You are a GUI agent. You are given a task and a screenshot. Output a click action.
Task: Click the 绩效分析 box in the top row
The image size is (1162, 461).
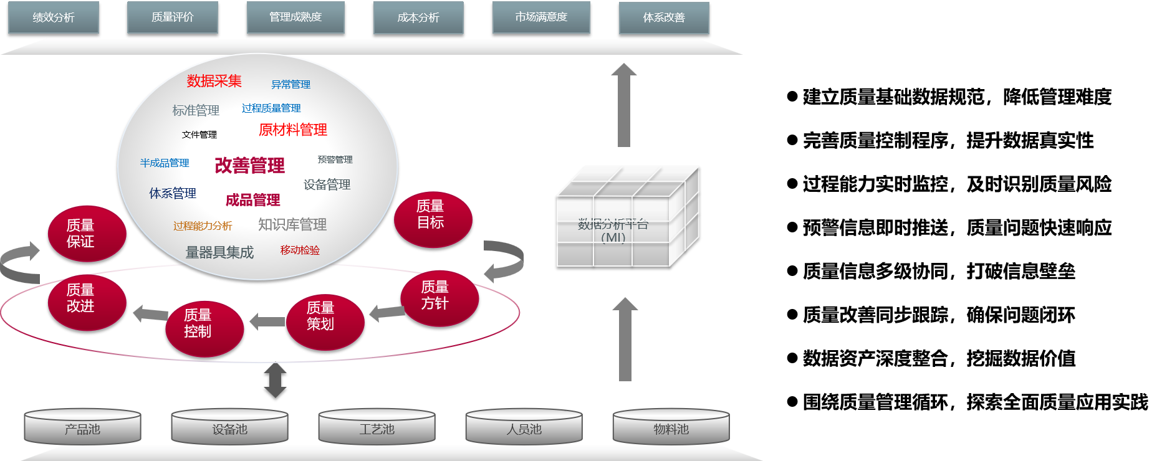tap(54, 17)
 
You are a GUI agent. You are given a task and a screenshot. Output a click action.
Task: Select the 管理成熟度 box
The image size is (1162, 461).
tap(295, 17)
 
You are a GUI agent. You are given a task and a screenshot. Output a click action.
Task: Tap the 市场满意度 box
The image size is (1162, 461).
tap(541, 17)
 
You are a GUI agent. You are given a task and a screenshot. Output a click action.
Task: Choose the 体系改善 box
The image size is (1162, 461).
tap(664, 18)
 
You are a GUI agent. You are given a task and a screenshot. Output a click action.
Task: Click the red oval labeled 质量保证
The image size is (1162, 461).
tap(87, 234)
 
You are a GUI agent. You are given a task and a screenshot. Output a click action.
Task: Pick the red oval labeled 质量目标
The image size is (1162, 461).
tap(433, 219)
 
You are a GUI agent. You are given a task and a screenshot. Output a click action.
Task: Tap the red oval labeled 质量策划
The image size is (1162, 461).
tap(325, 321)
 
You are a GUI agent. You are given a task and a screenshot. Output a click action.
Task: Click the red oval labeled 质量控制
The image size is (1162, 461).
tap(204, 329)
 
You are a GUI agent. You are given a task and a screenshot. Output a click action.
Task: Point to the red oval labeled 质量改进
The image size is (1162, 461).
tap(87, 303)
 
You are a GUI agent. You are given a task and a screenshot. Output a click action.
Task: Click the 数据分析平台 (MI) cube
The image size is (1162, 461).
tap(627, 218)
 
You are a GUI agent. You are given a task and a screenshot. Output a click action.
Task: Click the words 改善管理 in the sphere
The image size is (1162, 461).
tap(249, 165)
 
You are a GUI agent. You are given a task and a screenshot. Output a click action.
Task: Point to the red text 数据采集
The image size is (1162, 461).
tap(214, 81)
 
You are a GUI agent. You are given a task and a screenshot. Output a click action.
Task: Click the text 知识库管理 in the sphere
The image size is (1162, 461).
tap(292, 224)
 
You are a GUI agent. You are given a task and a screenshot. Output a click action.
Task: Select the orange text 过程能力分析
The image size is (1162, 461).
tap(203, 226)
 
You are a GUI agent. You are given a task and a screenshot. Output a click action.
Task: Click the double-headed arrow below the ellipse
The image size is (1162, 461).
tap(275, 380)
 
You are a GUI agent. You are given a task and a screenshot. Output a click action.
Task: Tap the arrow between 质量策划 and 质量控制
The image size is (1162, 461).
tap(267, 321)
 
